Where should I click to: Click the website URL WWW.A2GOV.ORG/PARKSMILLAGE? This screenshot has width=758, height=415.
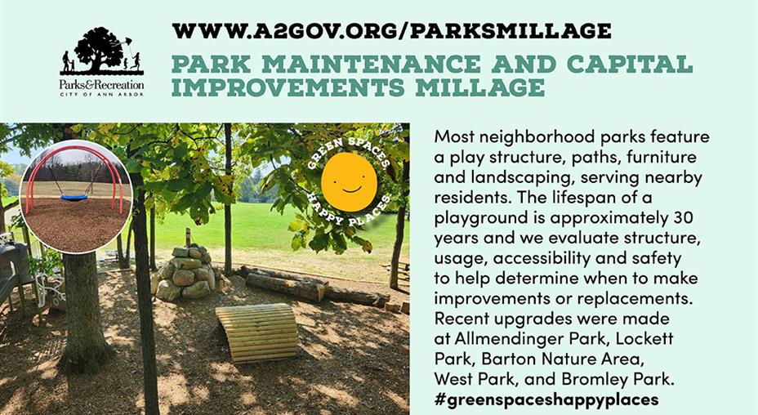pos(391,31)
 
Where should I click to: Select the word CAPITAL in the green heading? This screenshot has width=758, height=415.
pos(630,65)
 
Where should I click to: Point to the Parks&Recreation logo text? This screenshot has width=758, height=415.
pos(101,85)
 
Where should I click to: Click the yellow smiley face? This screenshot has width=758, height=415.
pos(349,182)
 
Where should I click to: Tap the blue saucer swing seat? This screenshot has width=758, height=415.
pos(74,197)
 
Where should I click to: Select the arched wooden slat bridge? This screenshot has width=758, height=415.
pos(257,332)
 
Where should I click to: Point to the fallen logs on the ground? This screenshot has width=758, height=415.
pos(314,287)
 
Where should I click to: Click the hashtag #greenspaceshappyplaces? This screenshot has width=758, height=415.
pos(546,400)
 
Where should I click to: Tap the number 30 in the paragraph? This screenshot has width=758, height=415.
pos(683,217)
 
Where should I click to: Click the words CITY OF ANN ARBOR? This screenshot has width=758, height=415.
pos(101,94)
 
